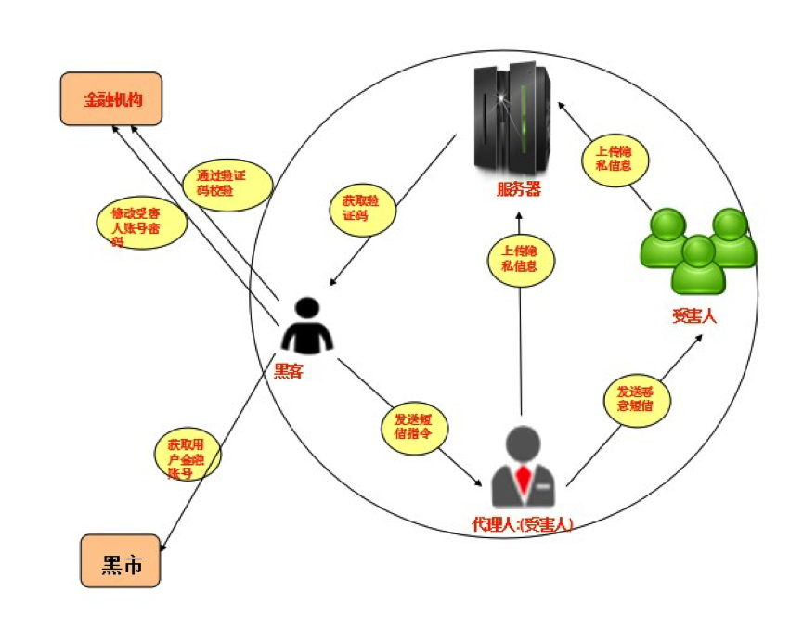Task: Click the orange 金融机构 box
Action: pos(111,99)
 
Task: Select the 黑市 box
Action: pos(120,560)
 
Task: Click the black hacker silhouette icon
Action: pos(307,327)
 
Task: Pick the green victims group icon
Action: pos(697,248)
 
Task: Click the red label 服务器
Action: pos(518,191)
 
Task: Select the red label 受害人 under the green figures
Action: pos(694,315)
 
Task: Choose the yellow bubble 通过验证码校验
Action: pos(227,183)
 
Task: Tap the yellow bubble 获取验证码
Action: pos(362,208)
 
